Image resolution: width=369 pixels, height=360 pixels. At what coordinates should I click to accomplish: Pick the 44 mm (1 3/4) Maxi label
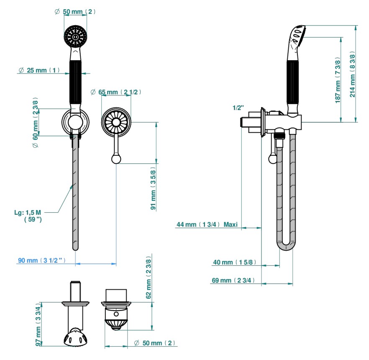[x=207, y=225]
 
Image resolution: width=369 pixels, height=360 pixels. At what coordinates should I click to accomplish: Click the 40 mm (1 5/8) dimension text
[x=233, y=262]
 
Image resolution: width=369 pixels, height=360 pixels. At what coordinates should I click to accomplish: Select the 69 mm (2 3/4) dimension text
[x=232, y=280]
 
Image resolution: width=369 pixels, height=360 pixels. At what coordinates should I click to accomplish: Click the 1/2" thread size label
[x=238, y=108]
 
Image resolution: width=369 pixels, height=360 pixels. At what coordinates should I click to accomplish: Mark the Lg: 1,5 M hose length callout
[x=29, y=216]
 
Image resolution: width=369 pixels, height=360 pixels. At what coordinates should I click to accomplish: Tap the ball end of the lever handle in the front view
[x=115, y=158]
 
